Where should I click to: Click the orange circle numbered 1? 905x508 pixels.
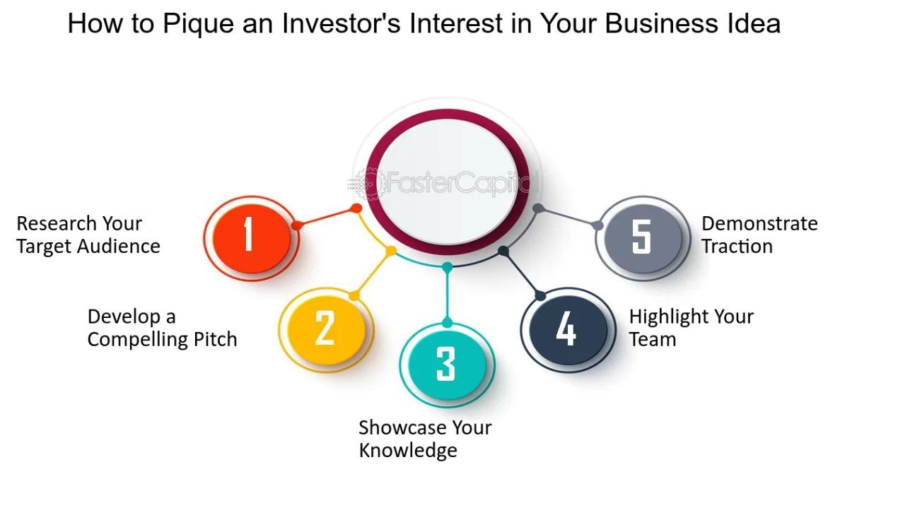coord(251,238)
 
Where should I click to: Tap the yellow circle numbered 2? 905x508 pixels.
coord(326,330)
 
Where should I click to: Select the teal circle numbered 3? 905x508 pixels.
coord(448,365)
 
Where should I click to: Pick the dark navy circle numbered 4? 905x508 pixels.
coord(568,330)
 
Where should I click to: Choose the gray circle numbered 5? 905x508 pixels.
coord(643,238)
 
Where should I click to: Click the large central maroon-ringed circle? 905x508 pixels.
coord(448,182)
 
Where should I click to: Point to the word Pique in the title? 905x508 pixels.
coord(199,24)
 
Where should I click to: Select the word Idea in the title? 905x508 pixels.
coord(754,23)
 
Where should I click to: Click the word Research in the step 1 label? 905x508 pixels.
coord(56,224)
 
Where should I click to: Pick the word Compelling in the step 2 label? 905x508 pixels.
coord(137,340)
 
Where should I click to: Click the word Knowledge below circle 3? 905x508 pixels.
coord(408,451)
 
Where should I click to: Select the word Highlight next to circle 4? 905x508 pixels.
coord(669,317)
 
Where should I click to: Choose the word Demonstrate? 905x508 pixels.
coord(759,224)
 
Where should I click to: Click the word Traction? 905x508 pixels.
coord(737,247)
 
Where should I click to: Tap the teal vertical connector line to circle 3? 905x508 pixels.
coord(448,295)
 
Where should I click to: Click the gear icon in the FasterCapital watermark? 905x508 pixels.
coord(368,184)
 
